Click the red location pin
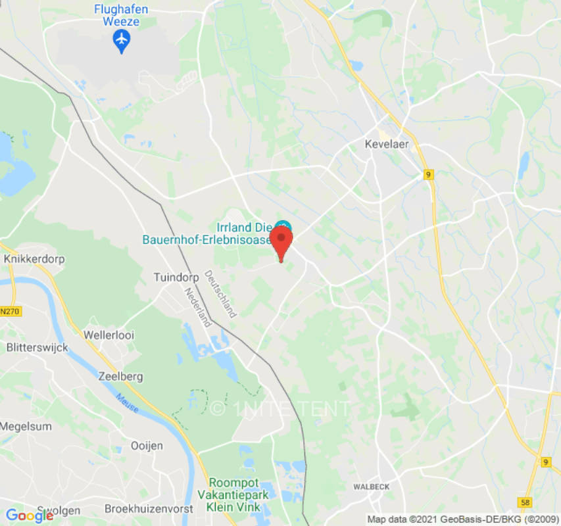pyautogui.click(x=281, y=241)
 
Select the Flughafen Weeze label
pyautogui.click(x=121, y=15)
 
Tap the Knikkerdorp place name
pyautogui.click(x=34, y=259)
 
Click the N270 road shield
pyautogui.click(x=9, y=311)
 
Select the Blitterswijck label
pyautogui.click(x=36, y=347)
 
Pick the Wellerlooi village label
pyautogui.click(x=109, y=335)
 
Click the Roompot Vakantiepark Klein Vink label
pyautogui.click(x=233, y=494)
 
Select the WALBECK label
pyautogui.click(x=372, y=487)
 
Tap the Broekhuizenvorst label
pyautogui.click(x=149, y=509)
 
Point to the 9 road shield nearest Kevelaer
pyautogui.click(x=429, y=174)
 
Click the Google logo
pyautogui.click(x=29, y=515)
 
